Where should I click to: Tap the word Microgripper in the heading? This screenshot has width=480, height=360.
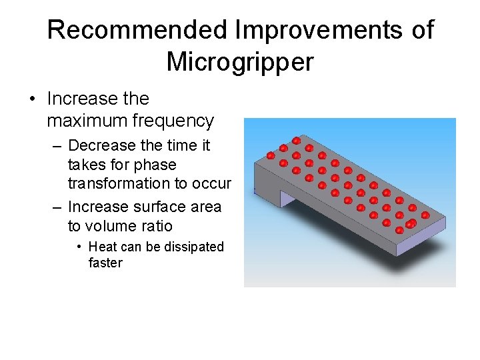[x=239, y=62]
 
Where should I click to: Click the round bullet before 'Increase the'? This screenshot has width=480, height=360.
[x=31, y=99]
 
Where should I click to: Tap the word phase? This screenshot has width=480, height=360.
[x=155, y=165]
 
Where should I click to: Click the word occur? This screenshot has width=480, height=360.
[x=213, y=183]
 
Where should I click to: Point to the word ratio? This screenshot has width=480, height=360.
[x=156, y=226]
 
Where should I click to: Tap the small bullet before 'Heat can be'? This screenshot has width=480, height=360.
[x=79, y=247]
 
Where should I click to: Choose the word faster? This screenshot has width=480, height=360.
[x=105, y=263]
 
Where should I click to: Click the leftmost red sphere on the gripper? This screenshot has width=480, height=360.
[x=271, y=155]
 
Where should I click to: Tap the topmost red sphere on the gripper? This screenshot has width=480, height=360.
[x=296, y=140]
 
